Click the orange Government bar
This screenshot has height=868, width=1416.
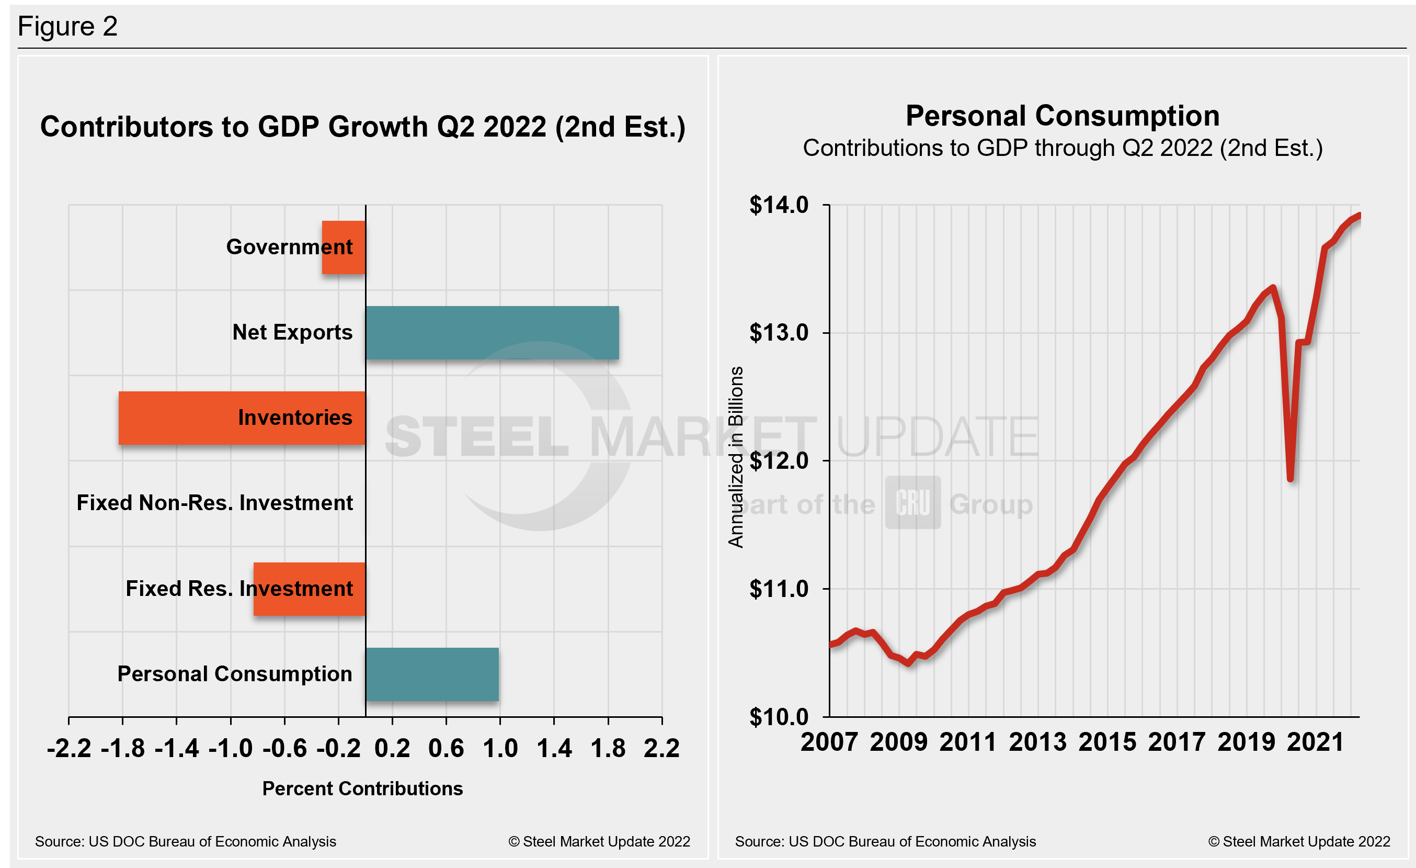pos(344,247)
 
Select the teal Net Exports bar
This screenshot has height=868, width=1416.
pos(492,333)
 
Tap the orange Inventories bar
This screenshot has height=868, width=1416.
pos(242,418)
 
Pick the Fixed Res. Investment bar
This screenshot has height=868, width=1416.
pos(309,589)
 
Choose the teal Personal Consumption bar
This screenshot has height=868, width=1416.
pos(432,674)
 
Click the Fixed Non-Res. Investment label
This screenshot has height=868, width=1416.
pos(214,503)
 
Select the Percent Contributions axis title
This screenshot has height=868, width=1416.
pos(362,788)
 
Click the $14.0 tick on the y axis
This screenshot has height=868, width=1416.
pos(779,205)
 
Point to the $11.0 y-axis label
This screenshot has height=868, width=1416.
pos(779,589)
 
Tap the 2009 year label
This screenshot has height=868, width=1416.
pos(898,742)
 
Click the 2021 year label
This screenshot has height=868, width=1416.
pos(1316,742)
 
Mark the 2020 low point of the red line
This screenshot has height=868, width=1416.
pos(1291,478)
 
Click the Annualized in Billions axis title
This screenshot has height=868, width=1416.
pos(736,457)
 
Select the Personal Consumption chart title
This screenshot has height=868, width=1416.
pos(1063,116)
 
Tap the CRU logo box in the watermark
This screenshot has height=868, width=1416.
pos(912,502)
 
